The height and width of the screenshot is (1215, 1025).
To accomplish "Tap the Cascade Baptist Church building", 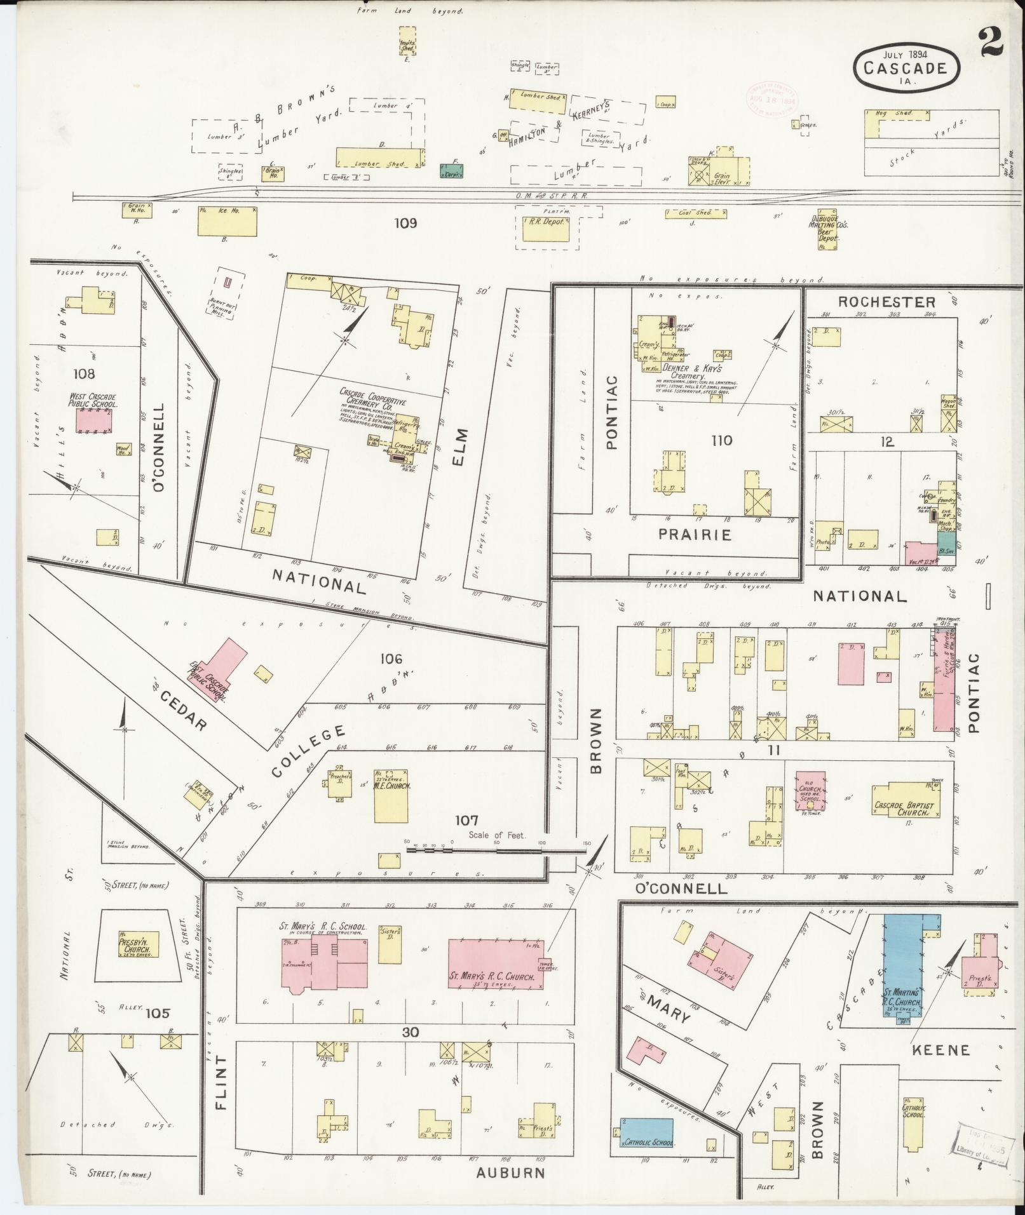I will pos(905,809).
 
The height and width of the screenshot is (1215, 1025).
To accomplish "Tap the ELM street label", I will pos(460,447).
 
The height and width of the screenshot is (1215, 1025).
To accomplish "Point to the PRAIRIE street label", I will pos(695,535).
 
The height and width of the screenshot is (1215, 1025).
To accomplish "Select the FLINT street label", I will pos(221,1091).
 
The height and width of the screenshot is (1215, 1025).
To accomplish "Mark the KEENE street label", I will pos(940,1050).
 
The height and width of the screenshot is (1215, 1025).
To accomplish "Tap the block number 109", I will pos(405,223).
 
